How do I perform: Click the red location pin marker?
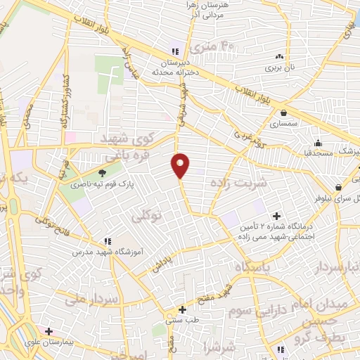tap(181, 165)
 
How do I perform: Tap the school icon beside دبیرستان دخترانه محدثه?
tap(175, 51)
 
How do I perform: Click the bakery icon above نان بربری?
tap(280, 56)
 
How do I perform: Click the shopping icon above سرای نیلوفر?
tap(340, 188)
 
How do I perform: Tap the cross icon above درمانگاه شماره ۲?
tap(275, 215)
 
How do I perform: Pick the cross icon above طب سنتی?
tap(182, 309)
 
